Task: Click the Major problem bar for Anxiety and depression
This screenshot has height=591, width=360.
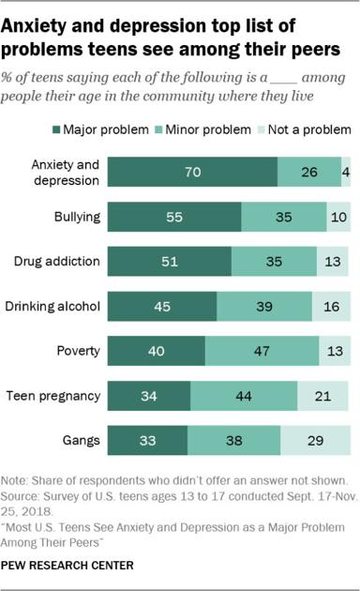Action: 192,173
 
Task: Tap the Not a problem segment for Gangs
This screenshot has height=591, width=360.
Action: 316,440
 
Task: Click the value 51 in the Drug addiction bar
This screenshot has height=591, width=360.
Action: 170,262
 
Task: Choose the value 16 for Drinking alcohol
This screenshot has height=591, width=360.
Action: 331,307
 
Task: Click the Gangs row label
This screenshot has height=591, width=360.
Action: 82,440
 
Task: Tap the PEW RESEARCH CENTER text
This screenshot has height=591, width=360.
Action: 68,565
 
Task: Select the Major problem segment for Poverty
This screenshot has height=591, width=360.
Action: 157,351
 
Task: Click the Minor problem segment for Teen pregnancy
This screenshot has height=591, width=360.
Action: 244,396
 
